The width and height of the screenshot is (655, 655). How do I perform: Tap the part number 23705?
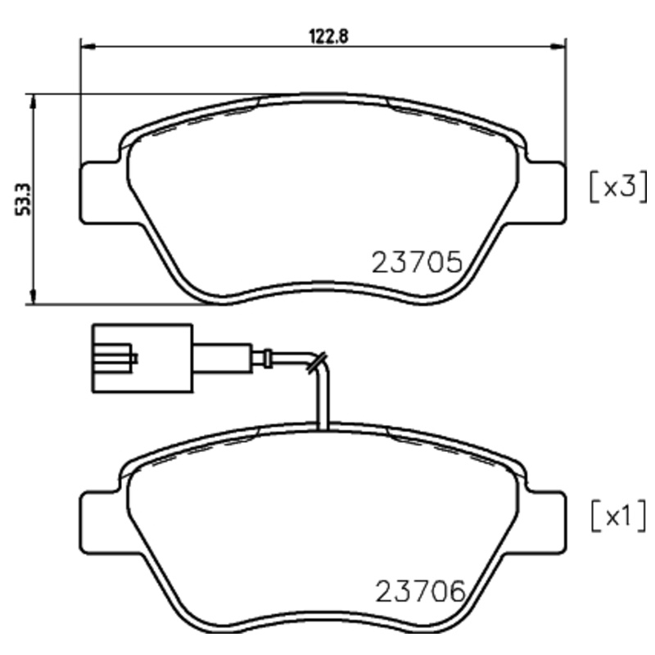pos(418,263)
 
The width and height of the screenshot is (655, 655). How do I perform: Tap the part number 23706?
pos(420,590)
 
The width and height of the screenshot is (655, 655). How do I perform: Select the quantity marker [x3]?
pos(618,187)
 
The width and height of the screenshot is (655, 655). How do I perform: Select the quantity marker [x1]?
pos(618,516)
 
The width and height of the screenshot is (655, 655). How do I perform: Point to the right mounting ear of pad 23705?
pos(546,192)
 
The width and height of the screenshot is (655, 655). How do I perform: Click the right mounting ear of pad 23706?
pos(546,521)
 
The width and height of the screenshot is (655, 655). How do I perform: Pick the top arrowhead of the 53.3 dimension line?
pos(33,100)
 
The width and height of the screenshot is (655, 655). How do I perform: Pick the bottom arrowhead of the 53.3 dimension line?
pos(33,299)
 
